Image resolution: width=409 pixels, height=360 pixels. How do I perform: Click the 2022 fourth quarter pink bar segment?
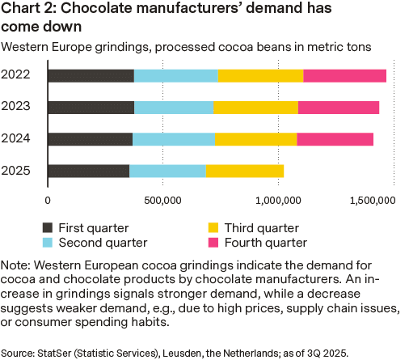coord(344,75)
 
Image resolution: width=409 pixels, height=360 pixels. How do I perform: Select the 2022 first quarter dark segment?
coord(91,75)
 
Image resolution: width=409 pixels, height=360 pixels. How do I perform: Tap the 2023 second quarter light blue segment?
coord(174,107)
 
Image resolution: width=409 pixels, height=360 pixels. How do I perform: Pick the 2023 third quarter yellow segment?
coord(255,107)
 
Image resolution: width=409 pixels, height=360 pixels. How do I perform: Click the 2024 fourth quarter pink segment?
coord(335,138)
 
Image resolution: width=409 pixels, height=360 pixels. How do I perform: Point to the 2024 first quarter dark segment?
coord(90,138)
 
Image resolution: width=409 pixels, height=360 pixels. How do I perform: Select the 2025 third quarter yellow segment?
coord(245,170)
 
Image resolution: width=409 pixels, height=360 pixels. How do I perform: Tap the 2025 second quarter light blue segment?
coord(167,170)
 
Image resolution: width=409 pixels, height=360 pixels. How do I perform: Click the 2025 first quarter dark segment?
coord(88,170)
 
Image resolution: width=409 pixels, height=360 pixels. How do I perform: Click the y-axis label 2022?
coord(17,75)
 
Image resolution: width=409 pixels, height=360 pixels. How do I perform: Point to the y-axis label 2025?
coord(17,170)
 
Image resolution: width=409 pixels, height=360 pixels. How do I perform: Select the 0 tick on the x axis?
coord(48,199)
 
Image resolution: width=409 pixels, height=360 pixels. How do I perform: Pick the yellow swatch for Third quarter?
coord(216,228)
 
